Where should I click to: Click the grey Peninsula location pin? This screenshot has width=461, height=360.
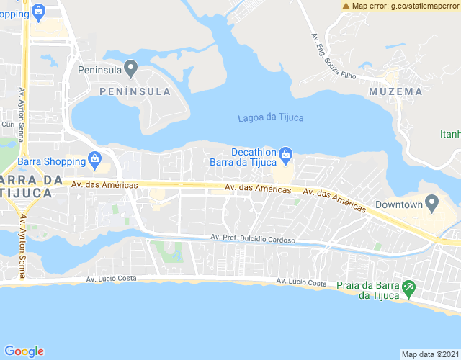tap(130, 68)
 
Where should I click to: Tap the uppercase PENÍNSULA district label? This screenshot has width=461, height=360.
tap(135, 91)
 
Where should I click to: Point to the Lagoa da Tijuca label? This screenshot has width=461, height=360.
tap(270, 118)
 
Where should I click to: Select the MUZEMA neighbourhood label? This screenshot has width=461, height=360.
tap(395, 91)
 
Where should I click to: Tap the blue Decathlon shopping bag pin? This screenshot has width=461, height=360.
tap(286, 153)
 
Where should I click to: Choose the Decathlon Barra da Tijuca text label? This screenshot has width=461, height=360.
tap(243, 157)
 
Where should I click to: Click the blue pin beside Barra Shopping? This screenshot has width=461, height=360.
tap(94, 158)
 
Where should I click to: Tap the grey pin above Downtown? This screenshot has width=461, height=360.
tap(432, 204)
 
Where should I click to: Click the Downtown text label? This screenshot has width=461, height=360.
tap(398, 205)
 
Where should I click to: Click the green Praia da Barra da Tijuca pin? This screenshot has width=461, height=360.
tap(408, 288)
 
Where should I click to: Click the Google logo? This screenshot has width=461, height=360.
tap(24, 351)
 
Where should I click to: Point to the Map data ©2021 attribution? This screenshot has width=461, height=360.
tap(430, 354)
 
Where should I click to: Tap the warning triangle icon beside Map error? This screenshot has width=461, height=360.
tap(346, 6)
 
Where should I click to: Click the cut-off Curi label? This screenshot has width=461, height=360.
tap(8, 125)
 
